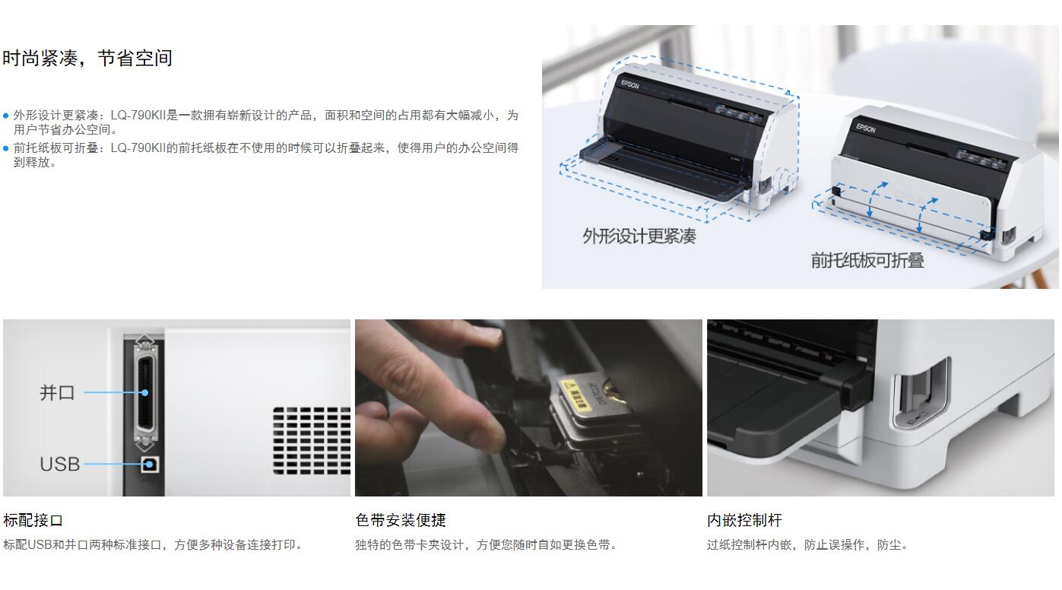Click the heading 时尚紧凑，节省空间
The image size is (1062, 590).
click(87, 59)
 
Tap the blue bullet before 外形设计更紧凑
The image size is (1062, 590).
click(5, 116)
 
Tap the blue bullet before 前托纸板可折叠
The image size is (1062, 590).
click(5, 148)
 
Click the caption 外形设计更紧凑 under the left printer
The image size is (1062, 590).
click(639, 236)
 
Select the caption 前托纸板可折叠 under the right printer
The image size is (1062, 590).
click(867, 260)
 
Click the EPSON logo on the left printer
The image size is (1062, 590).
click(630, 84)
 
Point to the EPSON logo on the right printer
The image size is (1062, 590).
click(866, 128)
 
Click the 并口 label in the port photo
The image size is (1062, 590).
click(57, 393)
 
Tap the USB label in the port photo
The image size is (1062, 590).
click(60, 465)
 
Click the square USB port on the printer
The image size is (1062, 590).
click(150, 465)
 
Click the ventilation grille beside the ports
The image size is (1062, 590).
click(312, 441)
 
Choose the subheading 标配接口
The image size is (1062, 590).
click(33, 520)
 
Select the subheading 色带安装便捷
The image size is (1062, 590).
click(401, 520)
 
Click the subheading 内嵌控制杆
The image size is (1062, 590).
click(744, 520)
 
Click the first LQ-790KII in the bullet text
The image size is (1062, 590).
click(138, 116)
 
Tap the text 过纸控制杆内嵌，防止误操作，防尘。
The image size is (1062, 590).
click(807, 544)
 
